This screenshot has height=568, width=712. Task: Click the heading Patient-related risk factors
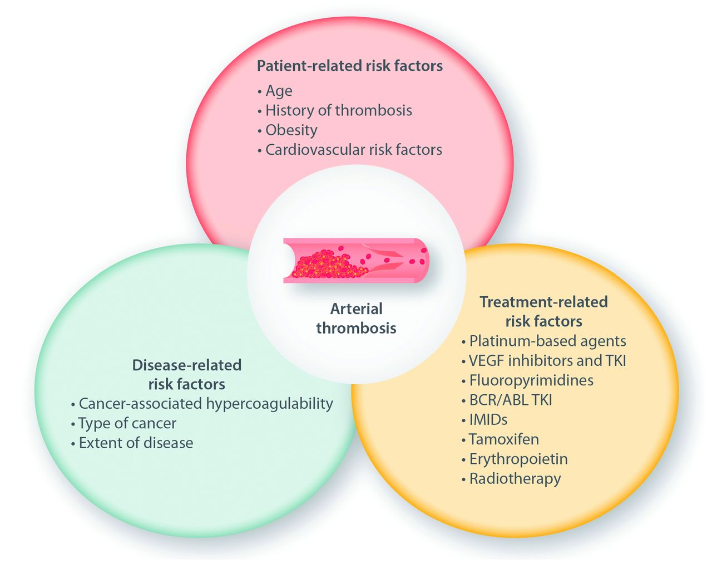(349, 66)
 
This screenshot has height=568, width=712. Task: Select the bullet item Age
(279, 91)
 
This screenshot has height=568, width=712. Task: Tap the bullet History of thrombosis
(338, 110)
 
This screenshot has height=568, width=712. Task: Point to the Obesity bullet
(291, 130)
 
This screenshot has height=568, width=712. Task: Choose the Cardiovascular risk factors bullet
(353, 149)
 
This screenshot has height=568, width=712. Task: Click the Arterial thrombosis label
(356, 318)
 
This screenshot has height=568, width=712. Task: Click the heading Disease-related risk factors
(186, 374)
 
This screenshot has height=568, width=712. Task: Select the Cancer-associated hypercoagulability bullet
(205, 403)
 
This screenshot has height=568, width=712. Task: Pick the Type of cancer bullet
(127, 423)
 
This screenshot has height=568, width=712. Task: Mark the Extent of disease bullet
(136, 443)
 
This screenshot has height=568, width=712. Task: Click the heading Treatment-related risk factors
(543, 311)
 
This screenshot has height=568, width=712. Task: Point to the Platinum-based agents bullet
(547, 341)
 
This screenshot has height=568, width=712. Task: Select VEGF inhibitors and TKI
(547, 360)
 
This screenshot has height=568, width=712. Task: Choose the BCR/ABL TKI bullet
(510, 400)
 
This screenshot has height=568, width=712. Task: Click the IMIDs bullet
(488, 419)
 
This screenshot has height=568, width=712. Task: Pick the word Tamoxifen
(503, 439)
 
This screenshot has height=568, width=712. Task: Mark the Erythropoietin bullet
(518, 459)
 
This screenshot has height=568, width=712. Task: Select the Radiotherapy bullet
(515, 478)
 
